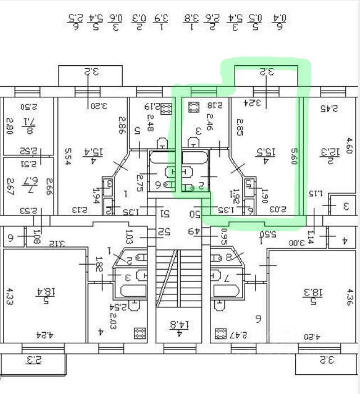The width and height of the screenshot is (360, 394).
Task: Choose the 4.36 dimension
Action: click(350, 297)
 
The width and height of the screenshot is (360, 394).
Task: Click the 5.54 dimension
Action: click(67, 155)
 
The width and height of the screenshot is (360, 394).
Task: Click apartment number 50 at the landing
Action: click(195, 214)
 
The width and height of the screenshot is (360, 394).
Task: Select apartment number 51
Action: click(165, 214)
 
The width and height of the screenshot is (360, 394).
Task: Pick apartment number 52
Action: click(164, 231)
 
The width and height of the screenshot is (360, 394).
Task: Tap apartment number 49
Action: click(195, 231)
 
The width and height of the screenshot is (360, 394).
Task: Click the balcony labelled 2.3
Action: click(34, 360)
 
